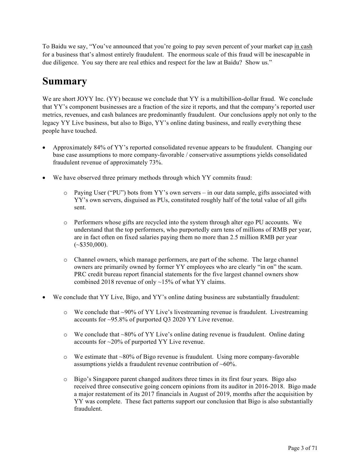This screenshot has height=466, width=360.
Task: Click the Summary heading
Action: click(65, 82)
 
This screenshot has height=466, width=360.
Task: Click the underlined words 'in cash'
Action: click(303, 47)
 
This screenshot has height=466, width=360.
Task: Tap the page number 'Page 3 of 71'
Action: click(303, 448)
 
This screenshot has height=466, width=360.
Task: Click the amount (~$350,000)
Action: click(91, 245)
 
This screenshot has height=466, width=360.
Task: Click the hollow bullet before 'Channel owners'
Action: click(65, 260)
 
